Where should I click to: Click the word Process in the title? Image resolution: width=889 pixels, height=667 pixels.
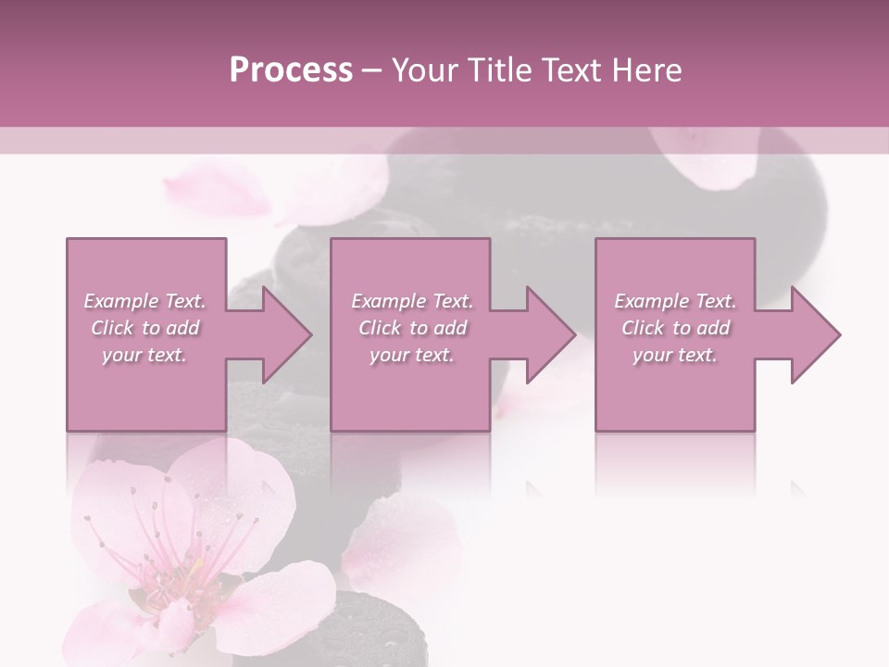coord(291,70)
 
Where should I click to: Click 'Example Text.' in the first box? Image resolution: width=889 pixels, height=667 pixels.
coord(144,301)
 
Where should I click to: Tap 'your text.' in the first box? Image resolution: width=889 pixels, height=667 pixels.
coord(144,355)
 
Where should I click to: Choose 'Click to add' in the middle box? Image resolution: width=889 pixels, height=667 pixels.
coord(412,328)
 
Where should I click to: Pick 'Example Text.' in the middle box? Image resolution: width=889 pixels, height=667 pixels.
coord(412,301)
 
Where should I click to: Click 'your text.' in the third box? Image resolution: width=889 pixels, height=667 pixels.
coord(675,355)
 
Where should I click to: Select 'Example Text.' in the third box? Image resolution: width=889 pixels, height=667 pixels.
coord(675,301)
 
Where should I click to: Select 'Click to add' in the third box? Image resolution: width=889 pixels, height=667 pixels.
coord(675,328)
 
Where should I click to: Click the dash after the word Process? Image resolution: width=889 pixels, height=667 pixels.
coord(371,70)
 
